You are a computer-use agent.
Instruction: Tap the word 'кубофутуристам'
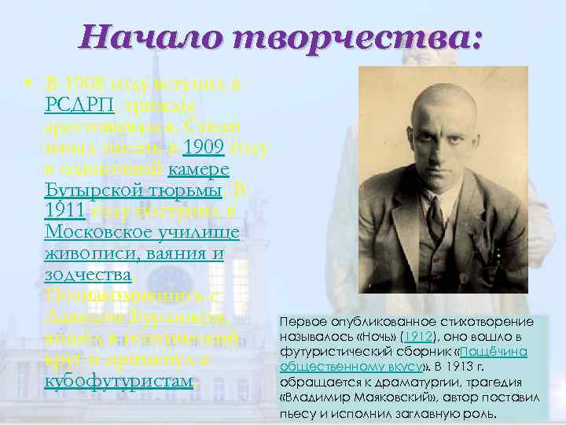coord(118,381)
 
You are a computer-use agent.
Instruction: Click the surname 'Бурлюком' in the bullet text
coord(187,317)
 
